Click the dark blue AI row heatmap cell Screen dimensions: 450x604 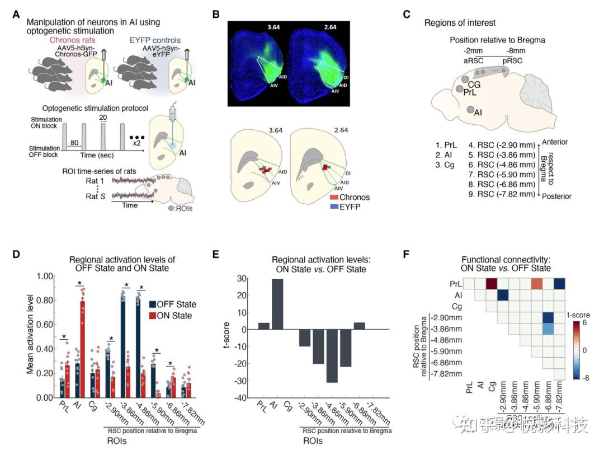(503, 295)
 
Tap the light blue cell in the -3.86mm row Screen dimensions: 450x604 (548, 329)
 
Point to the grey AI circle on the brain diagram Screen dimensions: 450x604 (471, 110)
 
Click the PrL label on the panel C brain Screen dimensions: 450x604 (470, 92)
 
